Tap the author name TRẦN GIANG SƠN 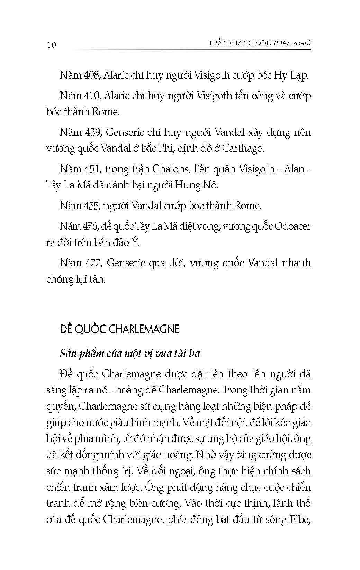click(237, 43)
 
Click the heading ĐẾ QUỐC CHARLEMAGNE click(119, 329)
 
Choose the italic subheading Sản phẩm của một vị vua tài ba click(130, 354)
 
